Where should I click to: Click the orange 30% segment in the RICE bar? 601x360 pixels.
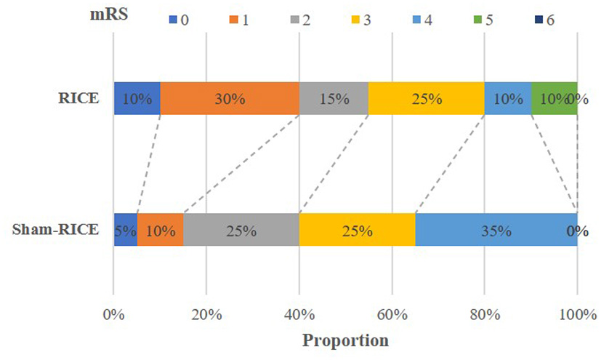pyautogui.click(x=230, y=99)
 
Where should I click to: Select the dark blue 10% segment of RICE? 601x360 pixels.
pyautogui.click(x=137, y=99)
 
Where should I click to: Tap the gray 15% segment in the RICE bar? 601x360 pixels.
pyautogui.click(x=334, y=99)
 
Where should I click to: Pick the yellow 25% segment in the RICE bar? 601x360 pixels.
pyautogui.click(x=427, y=99)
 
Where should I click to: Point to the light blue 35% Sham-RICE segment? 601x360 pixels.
pyautogui.click(x=496, y=230)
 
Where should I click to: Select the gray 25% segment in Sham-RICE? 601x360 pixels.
pyautogui.click(x=241, y=230)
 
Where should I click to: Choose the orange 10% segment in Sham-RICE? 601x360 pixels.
pyautogui.click(x=160, y=230)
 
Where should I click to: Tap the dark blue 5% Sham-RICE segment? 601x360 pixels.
pyautogui.click(x=125, y=230)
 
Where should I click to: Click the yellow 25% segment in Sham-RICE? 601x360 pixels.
pyautogui.click(x=357, y=230)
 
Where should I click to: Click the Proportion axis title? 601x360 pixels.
pyautogui.click(x=345, y=341)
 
